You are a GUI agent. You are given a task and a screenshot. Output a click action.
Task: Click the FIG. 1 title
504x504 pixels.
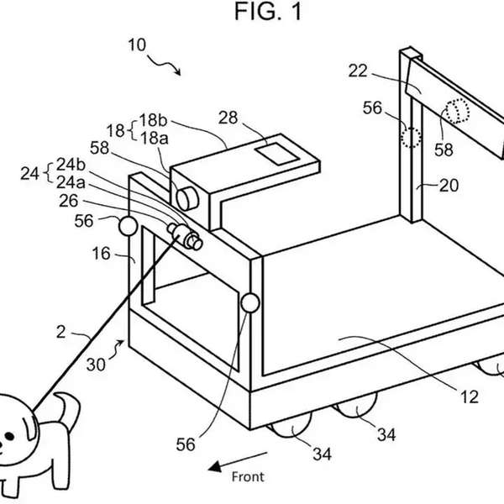pos(269,12)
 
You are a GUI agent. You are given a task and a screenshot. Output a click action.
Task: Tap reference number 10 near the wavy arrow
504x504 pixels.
pos(137,45)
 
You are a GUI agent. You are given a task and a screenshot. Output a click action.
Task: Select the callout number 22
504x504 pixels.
pos(358,71)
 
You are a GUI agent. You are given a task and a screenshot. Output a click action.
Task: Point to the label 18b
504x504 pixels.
pos(153,120)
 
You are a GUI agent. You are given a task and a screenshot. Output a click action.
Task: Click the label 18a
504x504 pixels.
pos(154,139)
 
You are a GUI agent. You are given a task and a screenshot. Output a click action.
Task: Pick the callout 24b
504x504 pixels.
pos(71,165)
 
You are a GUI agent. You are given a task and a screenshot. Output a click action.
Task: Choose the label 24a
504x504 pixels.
pos(71,182)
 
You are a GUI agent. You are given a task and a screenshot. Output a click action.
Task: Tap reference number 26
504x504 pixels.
pos(69,201)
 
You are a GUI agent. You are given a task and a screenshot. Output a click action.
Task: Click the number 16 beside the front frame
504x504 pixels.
pos(102,254)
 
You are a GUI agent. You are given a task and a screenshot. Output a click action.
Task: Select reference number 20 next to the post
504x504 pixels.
pos(449,186)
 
